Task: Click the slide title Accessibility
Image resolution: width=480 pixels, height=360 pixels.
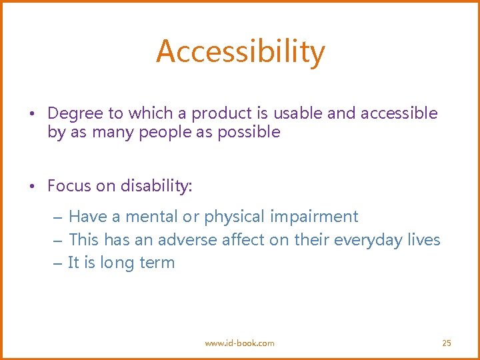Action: [x=241, y=51]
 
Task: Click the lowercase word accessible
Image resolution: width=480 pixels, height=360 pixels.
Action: [x=399, y=113]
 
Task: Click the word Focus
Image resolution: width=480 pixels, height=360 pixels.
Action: [x=69, y=186]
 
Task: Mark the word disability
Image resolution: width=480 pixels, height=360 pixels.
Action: [x=156, y=186]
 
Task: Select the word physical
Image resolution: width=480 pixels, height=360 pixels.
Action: [x=235, y=217]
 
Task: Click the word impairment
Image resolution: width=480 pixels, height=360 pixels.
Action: [x=315, y=217]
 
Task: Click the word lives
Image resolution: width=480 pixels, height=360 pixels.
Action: [x=424, y=239]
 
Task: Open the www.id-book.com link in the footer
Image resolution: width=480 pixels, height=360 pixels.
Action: [x=239, y=343]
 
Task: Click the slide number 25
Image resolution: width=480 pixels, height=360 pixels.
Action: [x=447, y=343]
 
